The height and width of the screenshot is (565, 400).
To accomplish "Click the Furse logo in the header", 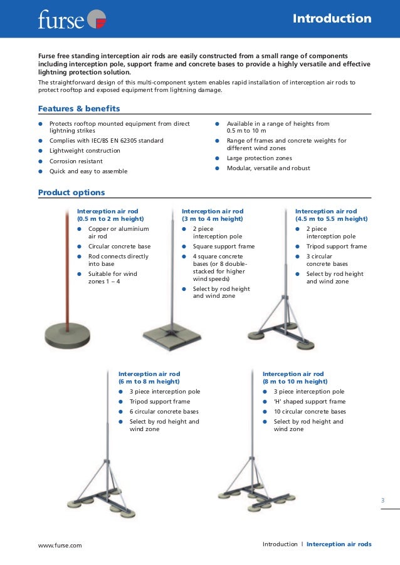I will click(71, 19).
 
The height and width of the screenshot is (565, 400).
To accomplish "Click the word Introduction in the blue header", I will click(332, 19).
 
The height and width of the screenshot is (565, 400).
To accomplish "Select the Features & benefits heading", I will click(79, 109).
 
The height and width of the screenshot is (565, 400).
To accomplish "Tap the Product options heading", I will click(71, 192).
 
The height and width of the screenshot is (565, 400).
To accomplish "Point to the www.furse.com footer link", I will click(60, 545).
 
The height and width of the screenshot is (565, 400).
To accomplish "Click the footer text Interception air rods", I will click(339, 544).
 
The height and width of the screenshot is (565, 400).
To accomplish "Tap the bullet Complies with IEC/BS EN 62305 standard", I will click(106, 141).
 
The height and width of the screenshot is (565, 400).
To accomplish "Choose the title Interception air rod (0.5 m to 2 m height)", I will click(110, 215).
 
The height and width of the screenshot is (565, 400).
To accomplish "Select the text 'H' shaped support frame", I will click(309, 402).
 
